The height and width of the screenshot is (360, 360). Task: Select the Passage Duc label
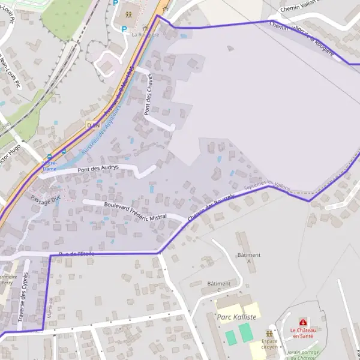coord(46,199)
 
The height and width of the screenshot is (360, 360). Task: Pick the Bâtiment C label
coord(218,287)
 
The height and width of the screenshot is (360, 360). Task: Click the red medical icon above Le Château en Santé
coord(302,322)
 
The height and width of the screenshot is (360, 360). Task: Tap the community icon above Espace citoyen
coord(269,333)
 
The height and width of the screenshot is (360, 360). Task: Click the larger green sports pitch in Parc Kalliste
coord(246,332)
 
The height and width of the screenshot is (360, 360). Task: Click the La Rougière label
coord(145,35)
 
